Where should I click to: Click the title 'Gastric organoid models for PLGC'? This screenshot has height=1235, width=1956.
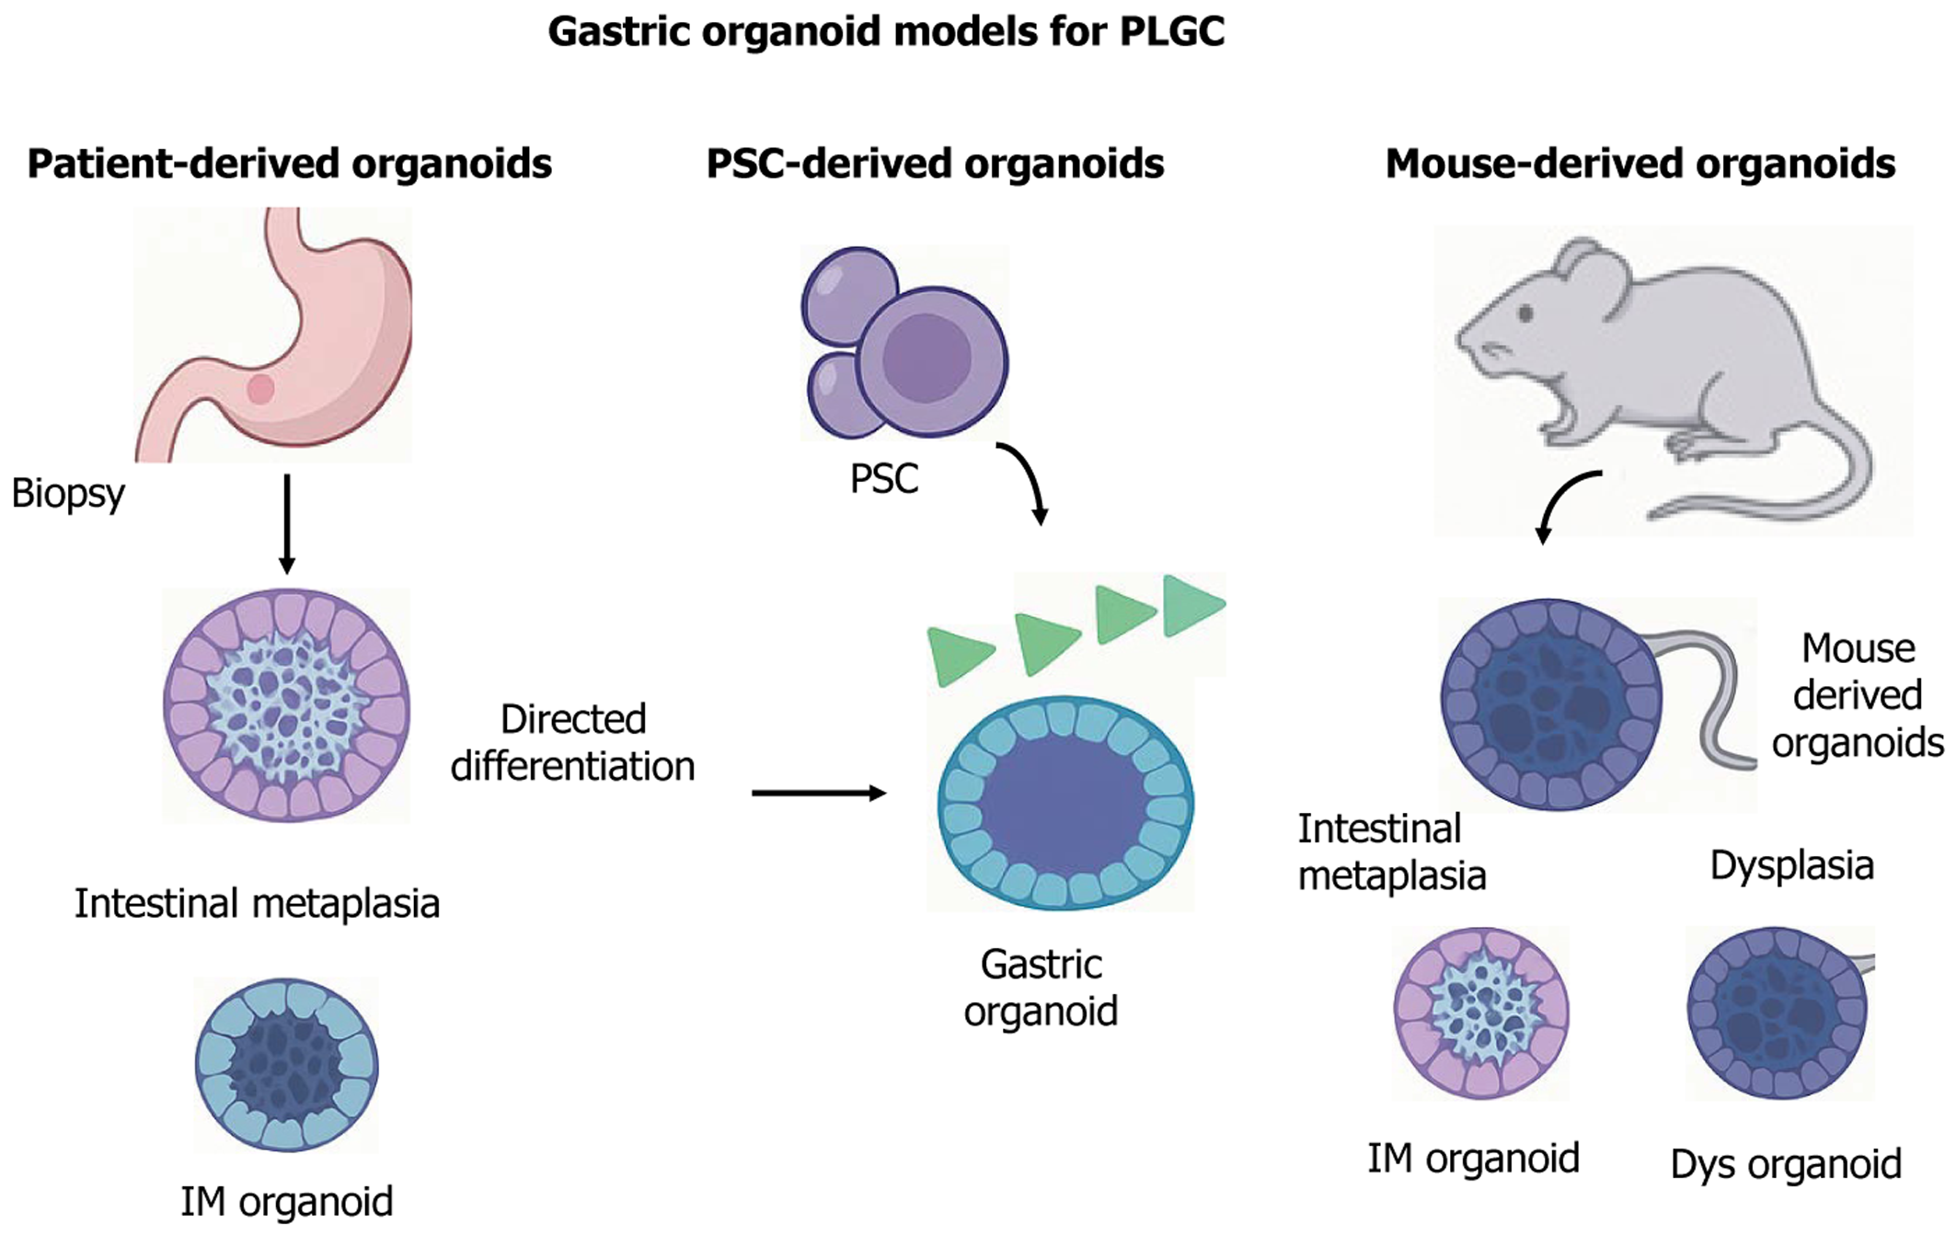pyautogui.click(x=885, y=31)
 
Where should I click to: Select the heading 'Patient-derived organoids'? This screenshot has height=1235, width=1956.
pyautogui.click(x=289, y=164)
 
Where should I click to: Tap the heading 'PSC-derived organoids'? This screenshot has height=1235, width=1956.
pyautogui.click(x=934, y=164)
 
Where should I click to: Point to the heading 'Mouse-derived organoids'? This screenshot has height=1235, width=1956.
pyautogui.click(x=1640, y=164)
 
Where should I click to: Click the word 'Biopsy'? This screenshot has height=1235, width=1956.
pyautogui.click(x=68, y=494)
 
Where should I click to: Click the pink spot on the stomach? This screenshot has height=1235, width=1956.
pyautogui.click(x=260, y=389)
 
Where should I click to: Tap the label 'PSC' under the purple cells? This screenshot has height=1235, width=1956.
pyautogui.click(x=883, y=479)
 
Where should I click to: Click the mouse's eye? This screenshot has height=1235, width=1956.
pyautogui.click(x=1525, y=314)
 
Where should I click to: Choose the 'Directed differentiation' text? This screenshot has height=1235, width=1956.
pyautogui.click(x=572, y=742)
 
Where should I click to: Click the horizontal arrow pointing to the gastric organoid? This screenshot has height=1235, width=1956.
pyautogui.click(x=817, y=793)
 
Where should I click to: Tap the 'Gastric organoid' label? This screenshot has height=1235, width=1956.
pyautogui.click(x=1041, y=988)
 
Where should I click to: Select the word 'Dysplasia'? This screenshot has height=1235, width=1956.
pyautogui.click(x=1791, y=865)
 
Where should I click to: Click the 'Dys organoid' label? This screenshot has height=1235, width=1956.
pyautogui.click(x=1785, y=1164)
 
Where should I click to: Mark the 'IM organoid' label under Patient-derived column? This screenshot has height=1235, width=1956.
pyautogui.click(x=287, y=1201)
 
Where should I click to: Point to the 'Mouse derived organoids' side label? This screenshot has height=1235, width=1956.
pyautogui.click(x=1857, y=695)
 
